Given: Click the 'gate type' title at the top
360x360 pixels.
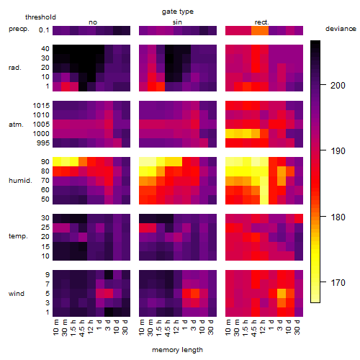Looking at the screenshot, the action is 178,12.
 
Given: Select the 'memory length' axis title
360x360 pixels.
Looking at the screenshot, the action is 177,350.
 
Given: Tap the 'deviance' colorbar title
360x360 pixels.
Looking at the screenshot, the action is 341,29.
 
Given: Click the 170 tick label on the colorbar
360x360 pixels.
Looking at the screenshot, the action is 338,282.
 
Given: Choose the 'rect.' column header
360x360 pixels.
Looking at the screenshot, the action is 261,22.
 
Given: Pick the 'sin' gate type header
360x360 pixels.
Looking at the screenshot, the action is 177,22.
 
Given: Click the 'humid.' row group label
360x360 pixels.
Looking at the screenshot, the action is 20,181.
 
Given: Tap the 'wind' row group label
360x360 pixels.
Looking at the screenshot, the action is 17,294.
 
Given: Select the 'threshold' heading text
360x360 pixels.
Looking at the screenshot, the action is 40,17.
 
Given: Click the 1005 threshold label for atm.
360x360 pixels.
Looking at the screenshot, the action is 41,124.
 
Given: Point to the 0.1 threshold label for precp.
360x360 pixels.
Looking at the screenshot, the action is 44,30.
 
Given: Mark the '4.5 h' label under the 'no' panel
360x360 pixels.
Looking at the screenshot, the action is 81,328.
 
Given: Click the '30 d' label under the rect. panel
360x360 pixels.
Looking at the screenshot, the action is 297,327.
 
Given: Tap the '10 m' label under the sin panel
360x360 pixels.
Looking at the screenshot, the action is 142,327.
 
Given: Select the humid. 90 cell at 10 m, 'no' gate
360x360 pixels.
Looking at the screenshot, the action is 57,161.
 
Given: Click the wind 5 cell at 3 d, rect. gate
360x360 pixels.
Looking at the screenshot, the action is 282,293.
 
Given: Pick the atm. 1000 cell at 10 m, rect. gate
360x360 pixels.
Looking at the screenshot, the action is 230,133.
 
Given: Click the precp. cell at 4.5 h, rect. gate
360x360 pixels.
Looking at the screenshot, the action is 256,30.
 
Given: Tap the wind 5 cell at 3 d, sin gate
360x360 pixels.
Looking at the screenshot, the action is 195,293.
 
